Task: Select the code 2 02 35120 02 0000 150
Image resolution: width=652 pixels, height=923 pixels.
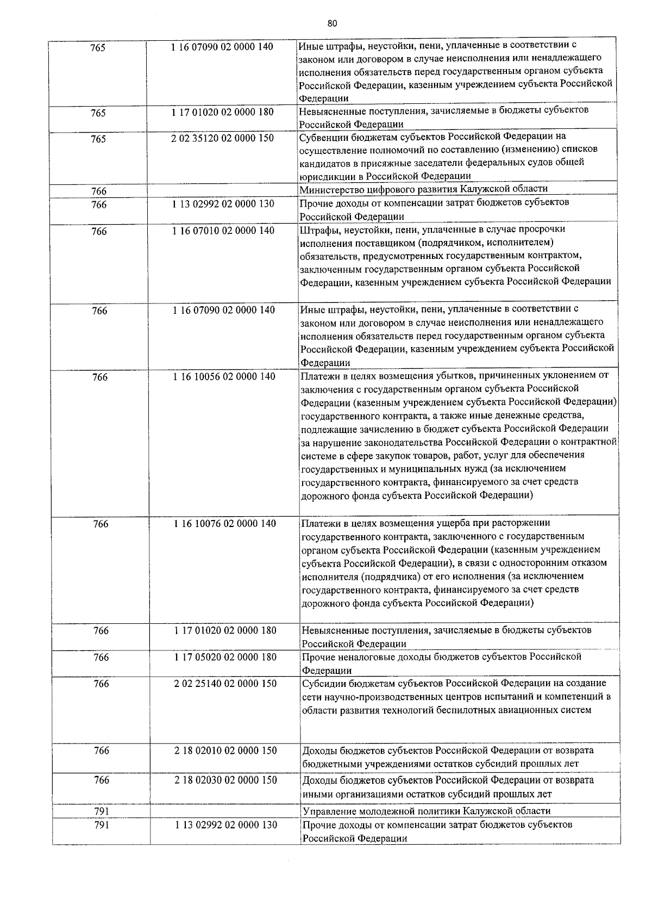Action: tap(222, 138)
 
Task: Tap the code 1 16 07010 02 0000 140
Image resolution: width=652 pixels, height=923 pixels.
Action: tap(223, 231)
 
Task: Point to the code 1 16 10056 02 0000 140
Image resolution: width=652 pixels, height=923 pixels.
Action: tap(224, 376)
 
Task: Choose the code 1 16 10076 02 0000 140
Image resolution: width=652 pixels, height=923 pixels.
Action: tap(225, 524)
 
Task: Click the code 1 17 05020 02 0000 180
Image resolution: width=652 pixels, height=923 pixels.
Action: tap(225, 657)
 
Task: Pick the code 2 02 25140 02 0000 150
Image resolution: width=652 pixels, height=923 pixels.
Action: tap(225, 684)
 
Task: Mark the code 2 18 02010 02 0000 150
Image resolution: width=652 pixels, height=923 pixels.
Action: tap(225, 751)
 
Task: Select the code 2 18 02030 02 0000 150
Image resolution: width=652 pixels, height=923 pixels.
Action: tap(225, 780)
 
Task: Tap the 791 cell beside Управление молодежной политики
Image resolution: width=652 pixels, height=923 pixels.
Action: tap(102, 812)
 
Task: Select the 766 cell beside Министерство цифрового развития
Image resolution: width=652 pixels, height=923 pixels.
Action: tap(99, 191)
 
